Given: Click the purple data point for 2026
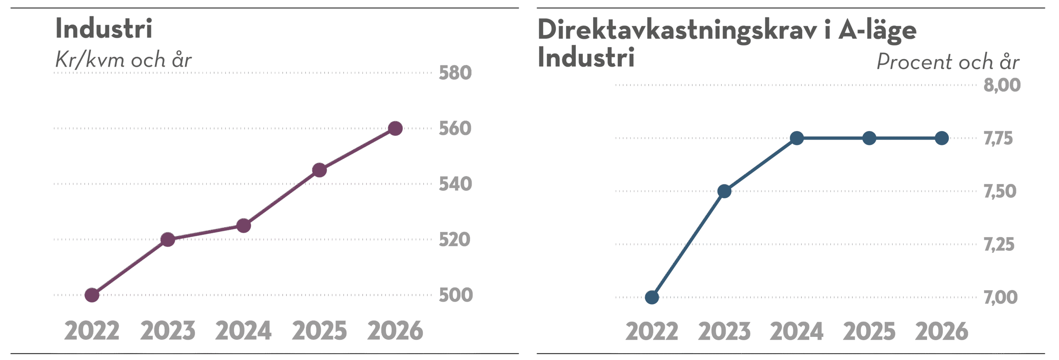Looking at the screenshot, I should click(395, 128).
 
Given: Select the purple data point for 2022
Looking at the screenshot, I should click(92, 295).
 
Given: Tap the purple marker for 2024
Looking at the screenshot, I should click(244, 226).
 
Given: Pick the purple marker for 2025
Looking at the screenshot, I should click(319, 170).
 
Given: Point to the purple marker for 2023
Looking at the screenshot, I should click(168, 240).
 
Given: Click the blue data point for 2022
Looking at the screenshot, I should click(652, 297).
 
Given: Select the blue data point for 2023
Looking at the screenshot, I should click(724, 191).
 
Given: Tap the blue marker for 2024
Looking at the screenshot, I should click(797, 138).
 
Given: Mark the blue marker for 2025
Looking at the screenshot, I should click(870, 138).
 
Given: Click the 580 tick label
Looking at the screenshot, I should click(455, 73).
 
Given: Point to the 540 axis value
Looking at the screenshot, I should click(455, 184).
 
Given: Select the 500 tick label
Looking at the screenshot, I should click(455, 295).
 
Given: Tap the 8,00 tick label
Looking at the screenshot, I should click(1002, 85).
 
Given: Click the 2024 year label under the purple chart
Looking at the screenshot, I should click(244, 331).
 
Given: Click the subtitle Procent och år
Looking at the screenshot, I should click(947, 62).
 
